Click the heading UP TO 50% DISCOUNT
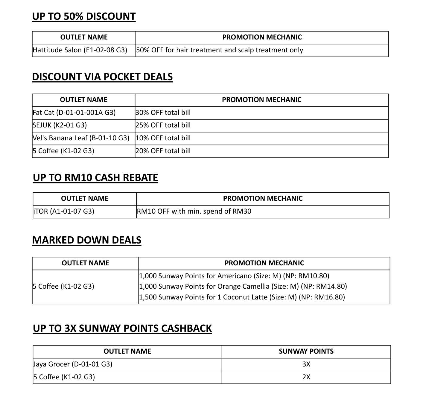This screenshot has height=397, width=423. point(84,16)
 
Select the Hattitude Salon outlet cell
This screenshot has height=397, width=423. point(80,50)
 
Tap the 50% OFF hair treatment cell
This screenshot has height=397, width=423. point(220,50)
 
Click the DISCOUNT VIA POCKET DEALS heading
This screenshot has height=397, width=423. point(102,77)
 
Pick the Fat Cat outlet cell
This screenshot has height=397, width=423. point(74,112)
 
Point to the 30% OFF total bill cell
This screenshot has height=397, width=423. point(163,112)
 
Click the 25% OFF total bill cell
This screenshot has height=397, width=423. point(163,125)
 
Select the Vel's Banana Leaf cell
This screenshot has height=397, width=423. point(81,138)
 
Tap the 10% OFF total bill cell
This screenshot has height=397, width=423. point(163,138)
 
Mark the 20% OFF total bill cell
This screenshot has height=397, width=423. point(163,151)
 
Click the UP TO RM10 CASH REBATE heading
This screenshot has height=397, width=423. point(95,178)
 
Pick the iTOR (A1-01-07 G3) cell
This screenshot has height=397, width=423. point(63,211)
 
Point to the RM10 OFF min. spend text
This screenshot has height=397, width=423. point(194,211)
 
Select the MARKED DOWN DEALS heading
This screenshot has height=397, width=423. point(87,240)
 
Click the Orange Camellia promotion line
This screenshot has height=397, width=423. point(243,286)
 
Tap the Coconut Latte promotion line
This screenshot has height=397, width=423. point(242,297)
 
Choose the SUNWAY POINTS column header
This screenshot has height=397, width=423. point(306,351)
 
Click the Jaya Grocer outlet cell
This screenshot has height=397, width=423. point(73,364)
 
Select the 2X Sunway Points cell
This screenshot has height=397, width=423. point(306,377)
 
